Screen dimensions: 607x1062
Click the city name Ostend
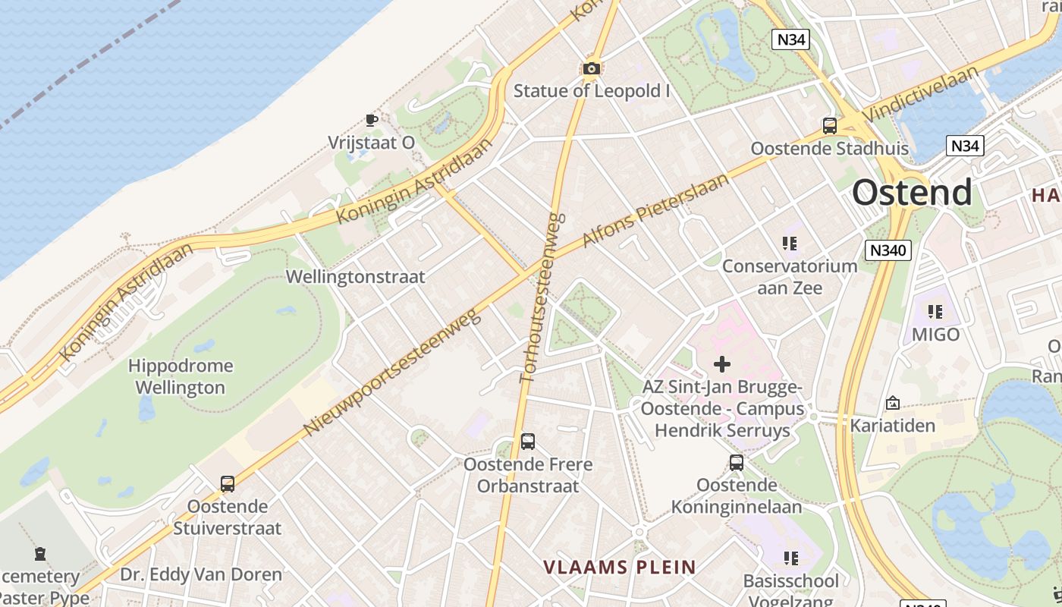click(x=912, y=192)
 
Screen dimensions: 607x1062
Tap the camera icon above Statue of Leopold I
click(x=592, y=69)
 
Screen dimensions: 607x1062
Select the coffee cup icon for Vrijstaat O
click(x=371, y=120)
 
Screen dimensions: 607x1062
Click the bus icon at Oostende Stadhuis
click(x=830, y=126)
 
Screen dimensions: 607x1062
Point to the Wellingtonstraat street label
click(x=355, y=276)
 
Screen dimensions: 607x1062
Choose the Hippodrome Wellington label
click(x=180, y=376)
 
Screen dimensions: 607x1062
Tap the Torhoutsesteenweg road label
click(x=540, y=297)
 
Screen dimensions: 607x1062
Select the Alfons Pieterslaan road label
click(x=655, y=210)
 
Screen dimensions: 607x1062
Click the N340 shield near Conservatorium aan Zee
click(x=888, y=250)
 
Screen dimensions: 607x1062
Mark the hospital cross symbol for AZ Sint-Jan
click(x=722, y=364)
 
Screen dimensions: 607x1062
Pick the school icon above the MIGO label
click(x=935, y=311)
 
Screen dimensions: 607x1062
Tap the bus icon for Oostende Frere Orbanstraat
click(x=528, y=442)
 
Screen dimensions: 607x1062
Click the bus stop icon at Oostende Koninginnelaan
click(x=736, y=463)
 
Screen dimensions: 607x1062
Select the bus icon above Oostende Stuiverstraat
click(x=227, y=484)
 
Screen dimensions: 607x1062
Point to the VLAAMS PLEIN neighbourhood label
click(x=620, y=567)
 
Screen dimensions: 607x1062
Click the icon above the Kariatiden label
click(x=892, y=403)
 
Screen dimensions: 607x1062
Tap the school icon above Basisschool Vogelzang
click(x=790, y=559)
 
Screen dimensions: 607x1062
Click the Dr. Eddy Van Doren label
click(x=201, y=574)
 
